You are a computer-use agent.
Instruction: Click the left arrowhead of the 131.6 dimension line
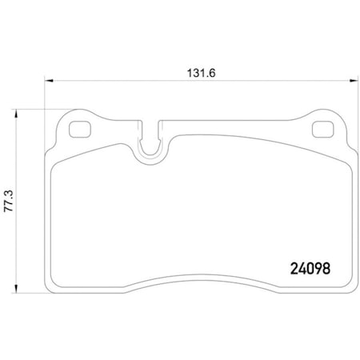pyautogui.click(x=47, y=81)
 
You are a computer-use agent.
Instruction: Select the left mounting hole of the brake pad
pyautogui.click(x=80, y=129)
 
